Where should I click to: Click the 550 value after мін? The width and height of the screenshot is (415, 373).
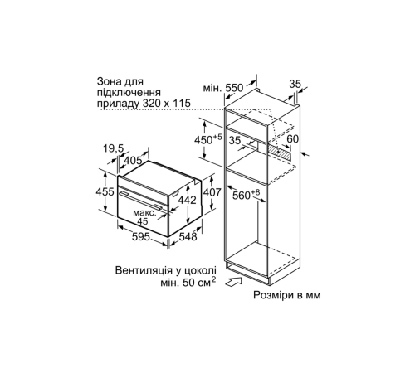[237, 86]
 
